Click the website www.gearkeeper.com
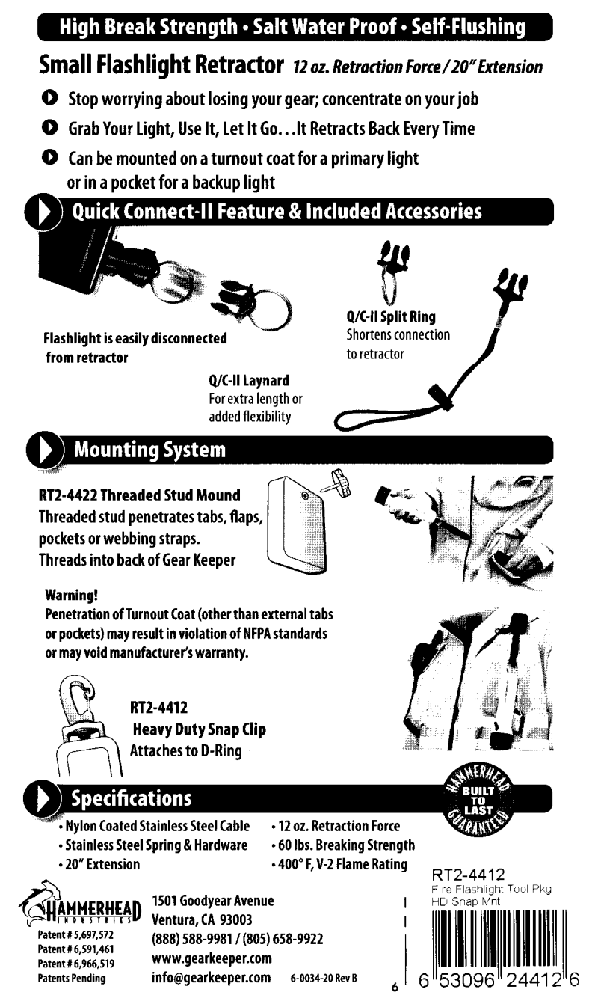point(212,958)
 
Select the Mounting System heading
point(148,450)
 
